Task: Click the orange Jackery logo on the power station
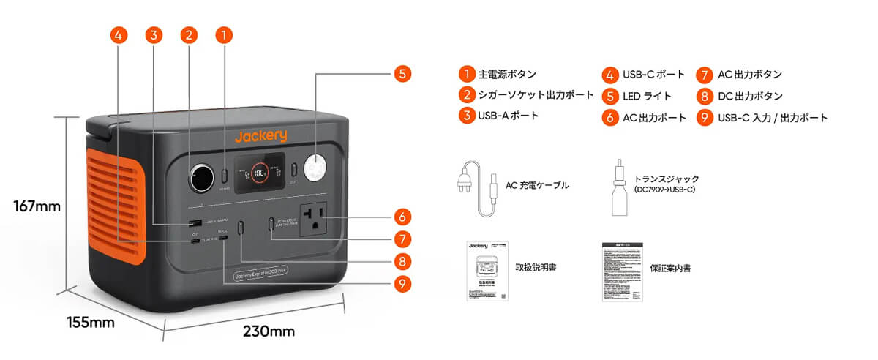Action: (x=260, y=136)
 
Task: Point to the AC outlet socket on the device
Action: (x=315, y=217)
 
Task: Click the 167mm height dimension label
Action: (x=37, y=206)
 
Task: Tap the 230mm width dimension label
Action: (x=269, y=331)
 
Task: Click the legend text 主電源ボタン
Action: (x=507, y=75)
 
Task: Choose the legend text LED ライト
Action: (x=647, y=96)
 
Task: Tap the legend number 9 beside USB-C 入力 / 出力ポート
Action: (x=705, y=118)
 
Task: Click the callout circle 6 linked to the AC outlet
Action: (x=402, y=217)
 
